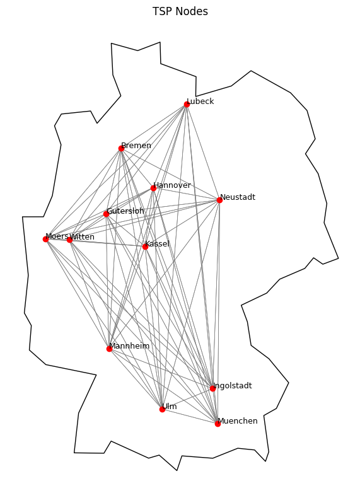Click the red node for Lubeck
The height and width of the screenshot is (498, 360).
(x=187, y=104)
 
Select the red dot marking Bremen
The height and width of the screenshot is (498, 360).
(x=121, y=148)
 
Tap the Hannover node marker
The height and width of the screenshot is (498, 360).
(x=153, y=188)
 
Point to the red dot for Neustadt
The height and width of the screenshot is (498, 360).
(x=219, y=200)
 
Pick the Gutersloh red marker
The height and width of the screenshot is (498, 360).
(x=106, y=214)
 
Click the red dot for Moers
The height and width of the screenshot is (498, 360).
(x=46, y=239)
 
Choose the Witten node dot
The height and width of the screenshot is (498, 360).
(x=69, y=240)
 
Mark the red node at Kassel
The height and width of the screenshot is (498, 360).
(x=145, y=246)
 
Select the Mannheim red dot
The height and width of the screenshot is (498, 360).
(x=109, y=349)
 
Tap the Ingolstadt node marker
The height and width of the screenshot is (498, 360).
(x=212, y=388)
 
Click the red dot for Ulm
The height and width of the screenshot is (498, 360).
(x=162, y=409)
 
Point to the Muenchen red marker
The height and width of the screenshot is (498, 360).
(x=218, y=424)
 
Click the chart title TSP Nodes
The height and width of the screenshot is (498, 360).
(x=180, y=11)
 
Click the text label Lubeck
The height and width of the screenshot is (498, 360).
(x=200, y=101)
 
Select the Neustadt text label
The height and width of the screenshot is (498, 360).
(x=238, y=197)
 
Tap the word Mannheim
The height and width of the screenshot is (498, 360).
(x=129, y=346)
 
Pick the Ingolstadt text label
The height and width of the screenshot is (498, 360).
(x=232, y=386)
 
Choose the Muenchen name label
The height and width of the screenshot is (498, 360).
(x=238, y=421)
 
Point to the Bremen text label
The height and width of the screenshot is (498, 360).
(x=136, y=146)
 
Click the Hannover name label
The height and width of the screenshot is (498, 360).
(x=172, y=185)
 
